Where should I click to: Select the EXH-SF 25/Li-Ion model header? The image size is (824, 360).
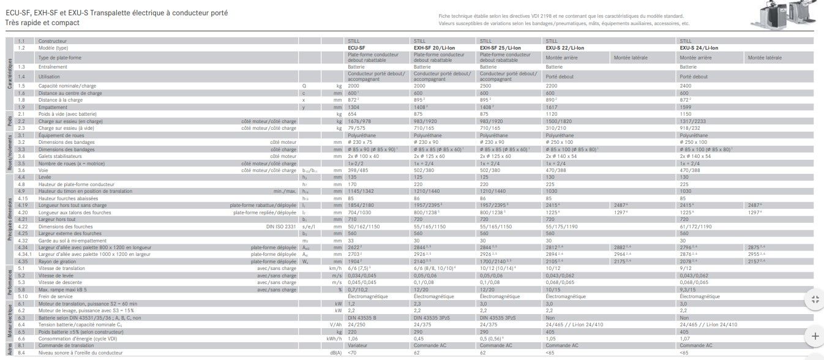coord(501,47)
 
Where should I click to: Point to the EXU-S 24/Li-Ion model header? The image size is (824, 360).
coord(699,47)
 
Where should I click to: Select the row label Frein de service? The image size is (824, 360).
coord(56,296)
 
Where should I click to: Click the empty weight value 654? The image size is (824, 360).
coord(352,114)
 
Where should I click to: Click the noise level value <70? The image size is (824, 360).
coord(351,353)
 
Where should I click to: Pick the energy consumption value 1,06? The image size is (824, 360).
coord(353,338)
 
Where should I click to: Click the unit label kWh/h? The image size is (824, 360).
coord(334,338)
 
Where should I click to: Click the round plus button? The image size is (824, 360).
coord(815,336)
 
